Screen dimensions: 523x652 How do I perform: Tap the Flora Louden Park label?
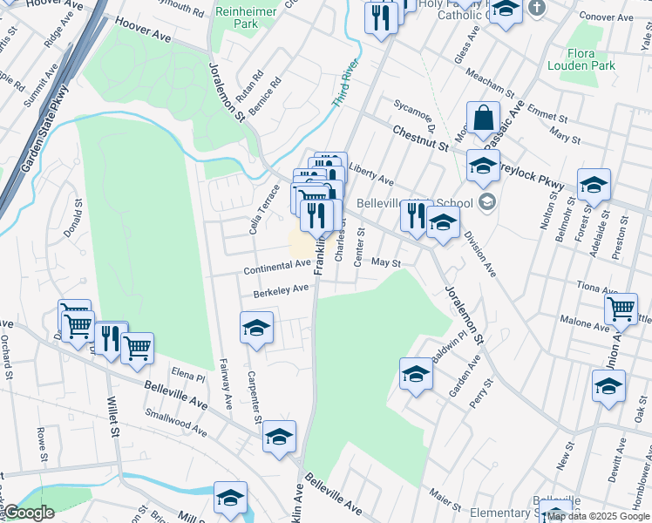(581, 59)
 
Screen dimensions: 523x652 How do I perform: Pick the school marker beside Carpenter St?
(256, 329)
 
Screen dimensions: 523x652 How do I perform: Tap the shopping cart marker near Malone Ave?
(621, 308)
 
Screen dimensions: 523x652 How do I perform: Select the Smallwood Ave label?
(176, 423)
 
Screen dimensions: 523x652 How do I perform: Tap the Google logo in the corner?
(29, 513)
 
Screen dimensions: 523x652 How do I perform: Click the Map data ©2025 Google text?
(598, 517)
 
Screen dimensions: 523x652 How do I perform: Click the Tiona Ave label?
(597, 287)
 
